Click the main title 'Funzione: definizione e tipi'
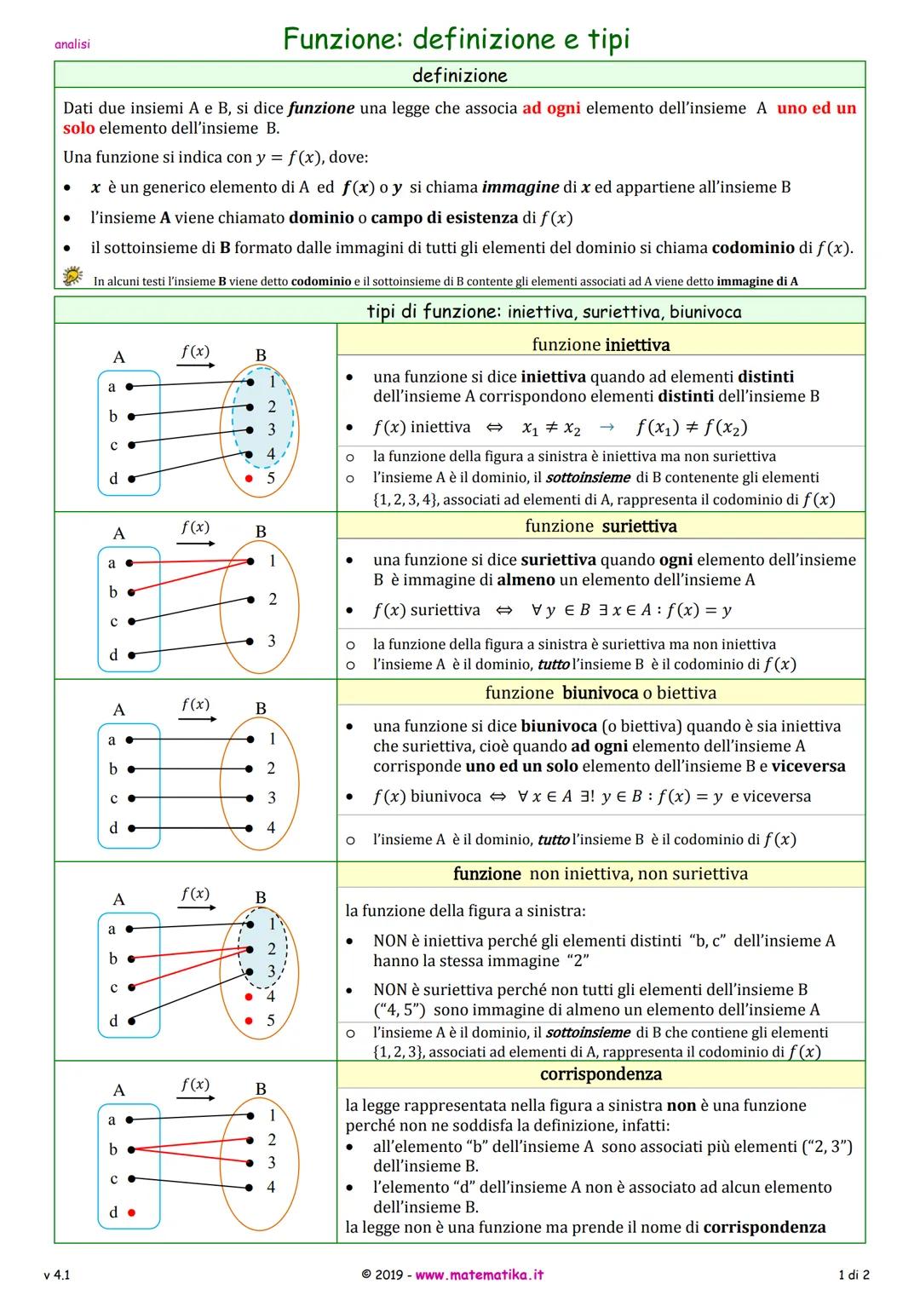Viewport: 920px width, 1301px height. click(x=457, y=39)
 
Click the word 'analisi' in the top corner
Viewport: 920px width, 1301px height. click(x=72, y=44)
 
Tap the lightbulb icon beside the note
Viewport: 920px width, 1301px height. click(x=72, y=275)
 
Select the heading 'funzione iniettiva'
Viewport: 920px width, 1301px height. click(x=601, y=345)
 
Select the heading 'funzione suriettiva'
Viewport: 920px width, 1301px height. click(x=601, y=526)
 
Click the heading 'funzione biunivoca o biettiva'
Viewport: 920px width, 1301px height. click(x=601, y=693)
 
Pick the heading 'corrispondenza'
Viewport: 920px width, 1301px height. click(x=601, y=1074)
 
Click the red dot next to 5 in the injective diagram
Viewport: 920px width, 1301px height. click(x=249, y=479)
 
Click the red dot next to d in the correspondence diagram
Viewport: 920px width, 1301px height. click(x=131, y=1212)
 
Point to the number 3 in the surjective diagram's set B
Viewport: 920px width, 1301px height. click(x=272, y=641)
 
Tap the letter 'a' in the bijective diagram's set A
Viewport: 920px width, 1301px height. click(x=112, y=740)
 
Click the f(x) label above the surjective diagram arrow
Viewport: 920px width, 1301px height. click(x=195, y=527)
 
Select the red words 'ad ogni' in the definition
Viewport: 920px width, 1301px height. click(x=551, y=108)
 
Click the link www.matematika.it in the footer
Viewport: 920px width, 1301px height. click(x=479, y=1275)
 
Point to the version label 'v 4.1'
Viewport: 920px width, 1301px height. click(x=57, y=1275)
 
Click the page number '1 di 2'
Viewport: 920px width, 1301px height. click(x=854, y=1275)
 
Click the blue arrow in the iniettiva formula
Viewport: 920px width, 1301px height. click(x=606, y=428)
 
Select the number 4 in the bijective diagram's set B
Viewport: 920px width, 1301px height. click(x=271, y=827)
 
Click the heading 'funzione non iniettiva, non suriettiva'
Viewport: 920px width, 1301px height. click(x=601, y=873)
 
